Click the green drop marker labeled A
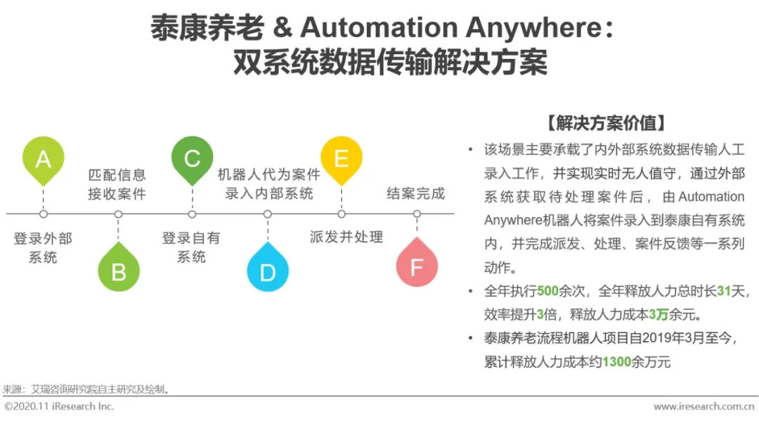[x=44, y=159]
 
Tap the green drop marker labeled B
[x=118, y=270]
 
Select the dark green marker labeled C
[x=192, y=158]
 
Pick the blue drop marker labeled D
[x=268, y=270]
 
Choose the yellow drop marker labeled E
[x=342, y=158]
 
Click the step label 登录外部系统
[x=43, y=247]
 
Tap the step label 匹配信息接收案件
[x=117, y=184]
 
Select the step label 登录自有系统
[x=191, y=247]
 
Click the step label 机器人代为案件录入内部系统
[x=268, y=184]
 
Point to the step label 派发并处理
[x=346, y=237]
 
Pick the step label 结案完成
[x=416, y=193]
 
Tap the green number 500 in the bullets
[x=547, y=290]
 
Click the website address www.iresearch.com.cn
[x=703, y=406]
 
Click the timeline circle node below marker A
[x=44, y=213]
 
